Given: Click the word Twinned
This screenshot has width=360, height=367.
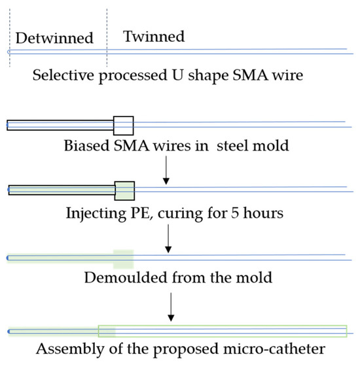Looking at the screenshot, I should pyautogui.click(x=154, y=37).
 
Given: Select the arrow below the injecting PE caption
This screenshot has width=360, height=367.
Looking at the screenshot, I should pyautogui.click(x=169, y=239).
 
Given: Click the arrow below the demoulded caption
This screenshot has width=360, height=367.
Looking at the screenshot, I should pyautogui.click(x=171, y=307).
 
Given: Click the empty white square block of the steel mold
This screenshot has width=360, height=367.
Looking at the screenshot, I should pyautogui.click(x=123, y=124).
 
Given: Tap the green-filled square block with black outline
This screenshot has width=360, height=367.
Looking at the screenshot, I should pyautogui.click(x=124, y=190).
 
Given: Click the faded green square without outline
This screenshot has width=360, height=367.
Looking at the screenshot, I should pyautogui.click(x=123, y=258).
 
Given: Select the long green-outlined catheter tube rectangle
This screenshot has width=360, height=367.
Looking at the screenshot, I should pyautogui.click(x=223, y=331).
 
